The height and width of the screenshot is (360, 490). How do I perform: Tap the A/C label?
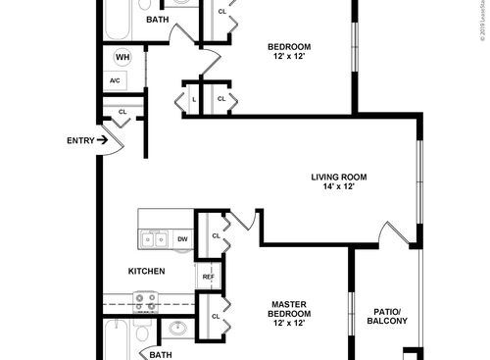pyautogui.click(x=115, y=80)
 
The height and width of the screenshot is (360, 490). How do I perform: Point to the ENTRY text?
pyautogui.click(x=80, y=140)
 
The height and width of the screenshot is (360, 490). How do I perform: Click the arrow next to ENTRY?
pyautogui.click(x=102, y=140)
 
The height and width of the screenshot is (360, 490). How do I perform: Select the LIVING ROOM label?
pyautogui.click(x=339, y=177)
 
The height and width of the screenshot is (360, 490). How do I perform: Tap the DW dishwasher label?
pyautogui.click(x=182, y=238)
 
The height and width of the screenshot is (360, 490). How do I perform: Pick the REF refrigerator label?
pyautogui.click(x=208, y=278)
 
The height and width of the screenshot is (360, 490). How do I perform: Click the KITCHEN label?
pyautogui.click(x=146, y=271)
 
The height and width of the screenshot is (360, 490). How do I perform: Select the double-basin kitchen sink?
pyautogui.click(x=154, y=238)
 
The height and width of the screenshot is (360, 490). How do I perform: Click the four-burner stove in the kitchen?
pyautogui.click(x=146, y=304)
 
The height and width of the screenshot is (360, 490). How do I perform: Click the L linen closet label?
pyautogui.click(x=195, y=99)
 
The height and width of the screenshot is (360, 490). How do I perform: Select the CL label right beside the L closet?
pyautogui.click(x=221, y=99)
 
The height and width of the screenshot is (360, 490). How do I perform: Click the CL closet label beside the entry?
pyautogui.click(x=122, y=112)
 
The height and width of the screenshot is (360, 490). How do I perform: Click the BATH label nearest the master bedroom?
pyautogui.click(x=162, y=354)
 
